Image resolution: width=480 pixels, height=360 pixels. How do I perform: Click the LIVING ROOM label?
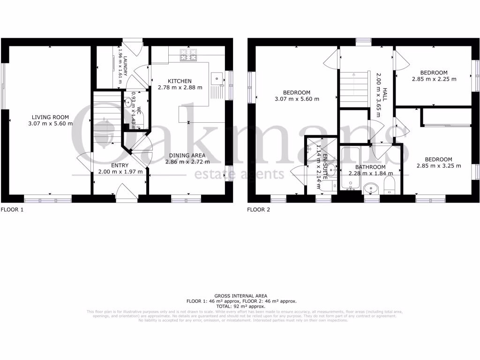point(50,117)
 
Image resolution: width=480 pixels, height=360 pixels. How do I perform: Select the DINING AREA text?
point(187,156)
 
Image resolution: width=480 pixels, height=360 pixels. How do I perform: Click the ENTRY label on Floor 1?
point(120,165)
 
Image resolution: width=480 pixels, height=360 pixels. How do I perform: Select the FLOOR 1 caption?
point(12,210)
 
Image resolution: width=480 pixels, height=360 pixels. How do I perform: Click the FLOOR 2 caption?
point(259,210)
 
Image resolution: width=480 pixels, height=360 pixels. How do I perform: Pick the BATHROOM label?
point(370,167)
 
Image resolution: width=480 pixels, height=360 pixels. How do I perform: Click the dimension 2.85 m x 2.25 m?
point(434,79)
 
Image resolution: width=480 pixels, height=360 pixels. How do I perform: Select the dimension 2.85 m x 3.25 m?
point(439,166)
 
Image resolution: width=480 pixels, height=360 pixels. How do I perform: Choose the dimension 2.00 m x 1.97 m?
point(120,172)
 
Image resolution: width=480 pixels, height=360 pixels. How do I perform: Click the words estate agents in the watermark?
point(239,175)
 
